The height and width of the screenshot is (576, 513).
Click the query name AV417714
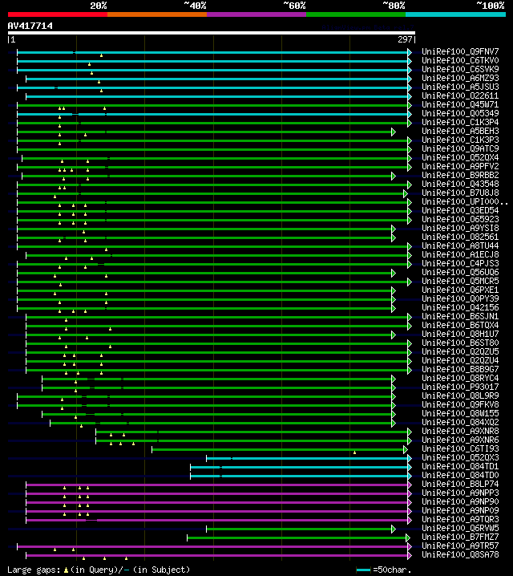[x=30, y=26]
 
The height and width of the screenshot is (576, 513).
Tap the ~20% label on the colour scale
[x=99, y=6]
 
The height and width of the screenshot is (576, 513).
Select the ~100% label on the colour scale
[x=489, y=6]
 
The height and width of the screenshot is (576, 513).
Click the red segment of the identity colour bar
[x=57, y=14]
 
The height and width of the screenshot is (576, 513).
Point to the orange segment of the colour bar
[x=156, y=14]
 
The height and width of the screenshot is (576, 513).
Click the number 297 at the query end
[x=405, y=39]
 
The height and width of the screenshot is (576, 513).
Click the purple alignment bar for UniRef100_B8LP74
[x=216, y=485]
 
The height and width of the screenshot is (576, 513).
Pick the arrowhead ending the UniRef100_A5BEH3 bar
[x=394, y=131]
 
